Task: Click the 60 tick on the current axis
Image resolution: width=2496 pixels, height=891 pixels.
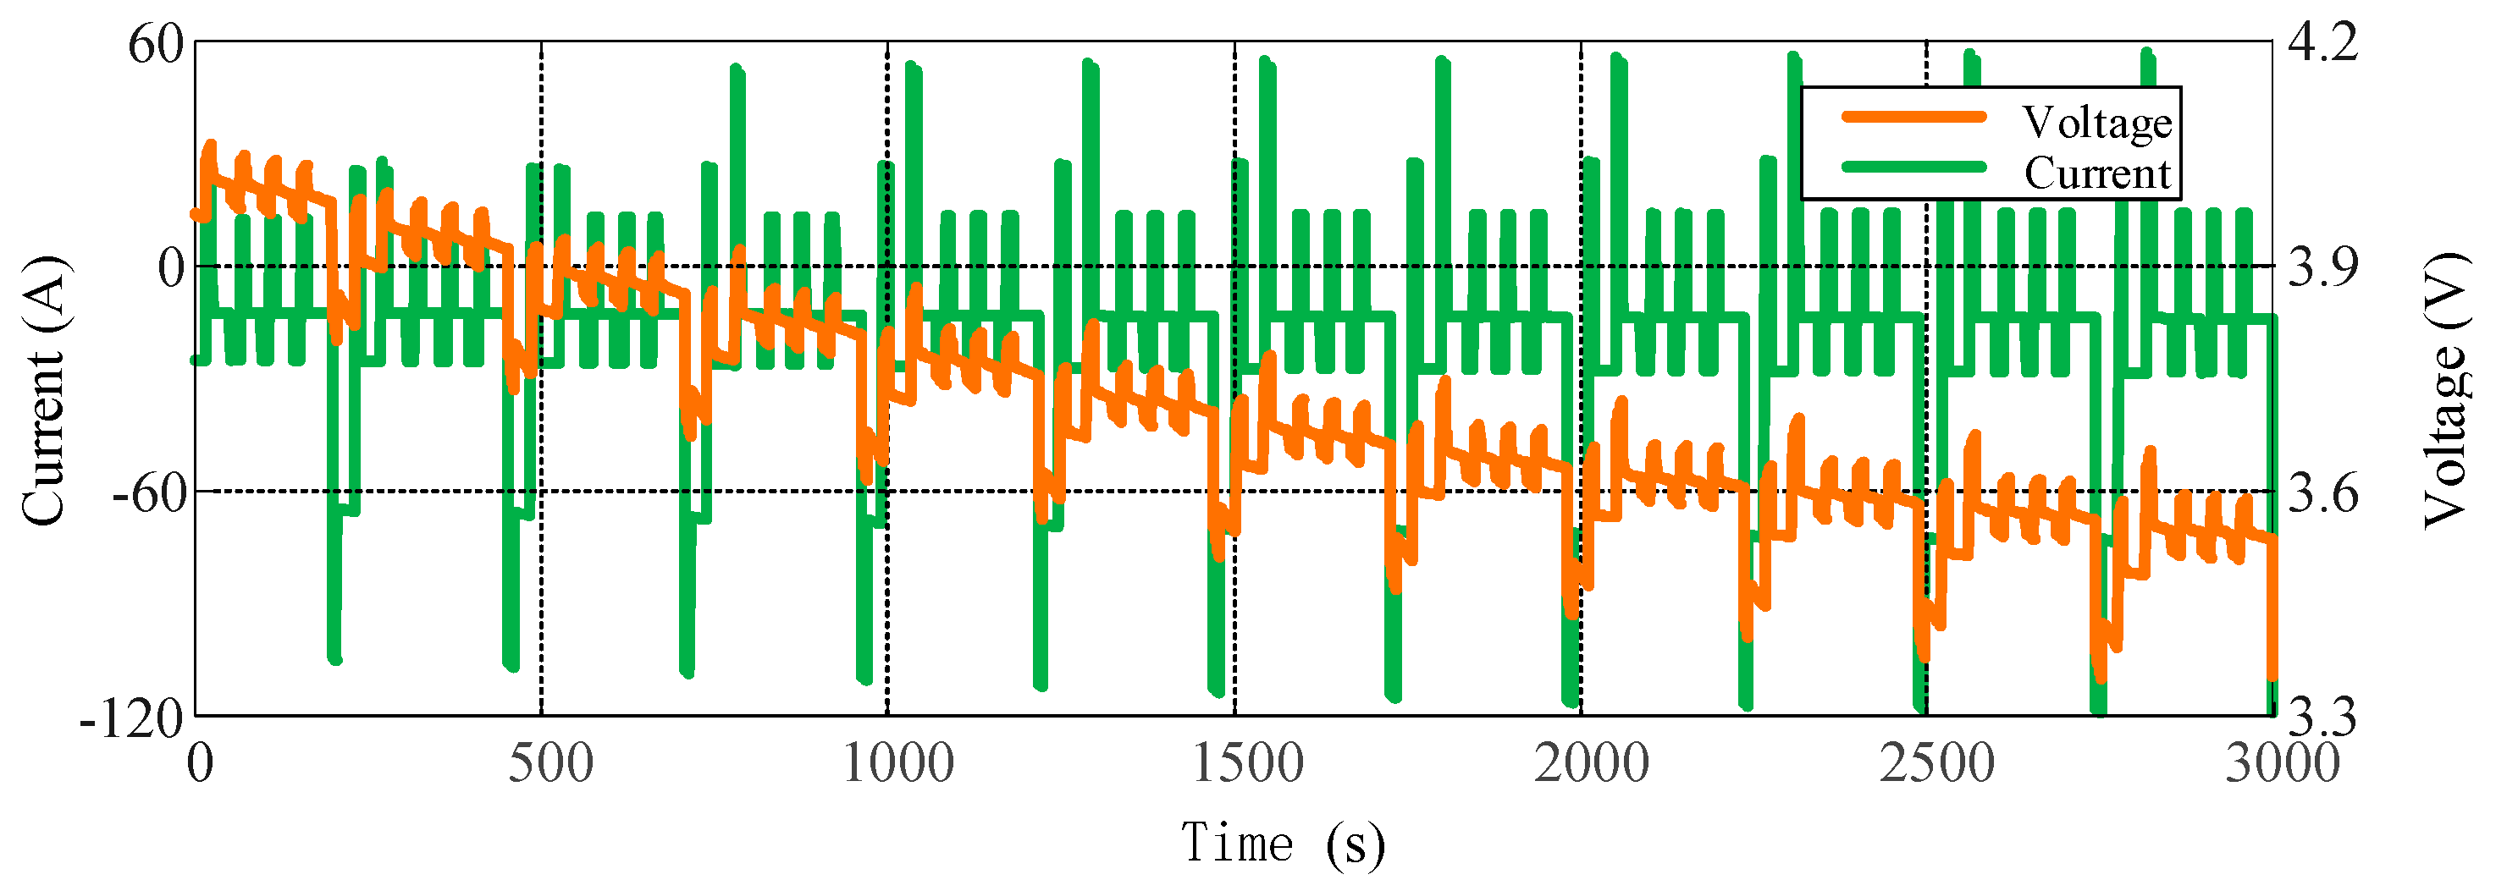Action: point(155,45)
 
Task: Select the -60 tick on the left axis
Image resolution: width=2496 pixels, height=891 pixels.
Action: point(147,494)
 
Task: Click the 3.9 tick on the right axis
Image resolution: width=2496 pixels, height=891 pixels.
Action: point(2322,267)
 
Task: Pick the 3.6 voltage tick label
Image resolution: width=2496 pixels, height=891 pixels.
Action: point(2322,494)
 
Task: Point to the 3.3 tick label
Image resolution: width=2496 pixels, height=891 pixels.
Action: point(2322,718)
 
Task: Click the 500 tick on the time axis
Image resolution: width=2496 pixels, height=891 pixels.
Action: point(550,764)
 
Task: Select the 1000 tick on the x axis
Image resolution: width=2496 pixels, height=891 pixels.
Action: point(898,764)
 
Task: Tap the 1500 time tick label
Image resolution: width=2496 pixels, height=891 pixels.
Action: point(1247,764)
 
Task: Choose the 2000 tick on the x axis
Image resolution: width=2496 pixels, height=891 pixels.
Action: point(1591,764)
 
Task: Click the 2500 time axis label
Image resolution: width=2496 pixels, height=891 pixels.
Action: point(1937,764)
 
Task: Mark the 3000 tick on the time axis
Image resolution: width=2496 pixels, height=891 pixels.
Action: point(2282,764)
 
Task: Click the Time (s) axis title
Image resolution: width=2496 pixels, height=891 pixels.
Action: point(1282,843)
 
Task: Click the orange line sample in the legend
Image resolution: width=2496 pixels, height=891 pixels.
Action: point(1913,117)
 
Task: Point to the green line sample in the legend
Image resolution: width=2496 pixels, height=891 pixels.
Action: point(1913,167)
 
